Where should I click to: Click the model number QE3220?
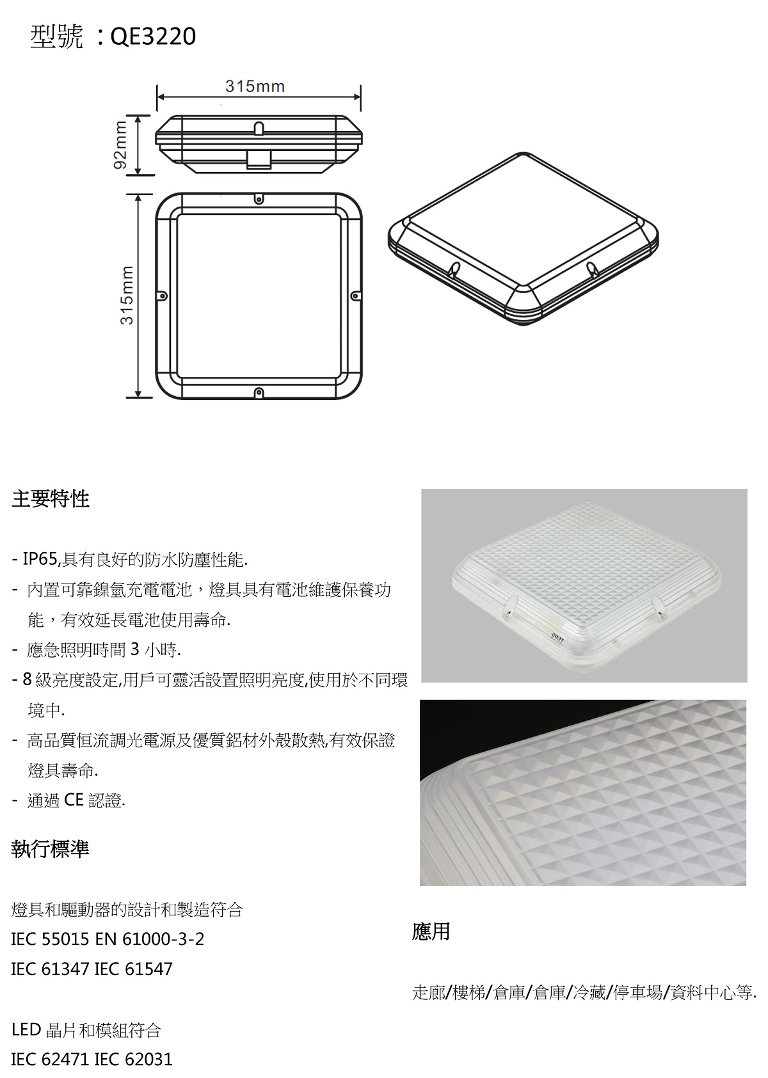pos(153,36)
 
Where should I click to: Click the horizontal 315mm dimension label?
pos(255,86)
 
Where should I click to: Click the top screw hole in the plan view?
pos(259,199)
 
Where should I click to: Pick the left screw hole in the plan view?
pos(163,295)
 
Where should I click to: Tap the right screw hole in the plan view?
pos(355,295)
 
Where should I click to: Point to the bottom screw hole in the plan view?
pos(259,392)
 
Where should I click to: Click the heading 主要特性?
pos(51,499)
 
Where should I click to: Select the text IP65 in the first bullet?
pos(40,559)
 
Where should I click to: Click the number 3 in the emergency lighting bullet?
pos(135,650)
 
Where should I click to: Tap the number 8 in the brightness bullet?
pos(28,679)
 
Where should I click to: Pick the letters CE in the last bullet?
pos(74,800)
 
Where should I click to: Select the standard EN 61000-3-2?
pos(150,939)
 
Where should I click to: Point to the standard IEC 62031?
pos(133,1059)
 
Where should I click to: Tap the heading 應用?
pos(431,931)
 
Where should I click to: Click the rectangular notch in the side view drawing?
pos(259,159)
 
